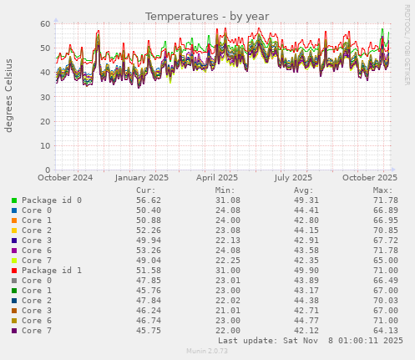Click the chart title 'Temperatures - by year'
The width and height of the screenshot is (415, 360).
207,16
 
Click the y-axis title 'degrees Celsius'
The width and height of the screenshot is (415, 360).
10,95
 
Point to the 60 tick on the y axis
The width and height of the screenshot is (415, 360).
46,23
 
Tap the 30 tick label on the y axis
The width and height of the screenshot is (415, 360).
46,97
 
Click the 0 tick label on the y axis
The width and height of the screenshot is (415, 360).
48,170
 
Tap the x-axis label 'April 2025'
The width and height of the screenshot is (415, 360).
216,177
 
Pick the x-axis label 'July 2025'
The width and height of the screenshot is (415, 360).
293,177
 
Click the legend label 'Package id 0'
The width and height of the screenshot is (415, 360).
52,200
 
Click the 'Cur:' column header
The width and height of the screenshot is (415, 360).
146,190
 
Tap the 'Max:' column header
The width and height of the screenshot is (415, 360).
382,190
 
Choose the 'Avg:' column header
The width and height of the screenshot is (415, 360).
304,190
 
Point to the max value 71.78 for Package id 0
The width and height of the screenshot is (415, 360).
383,200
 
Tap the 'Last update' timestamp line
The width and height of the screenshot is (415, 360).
310,341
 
